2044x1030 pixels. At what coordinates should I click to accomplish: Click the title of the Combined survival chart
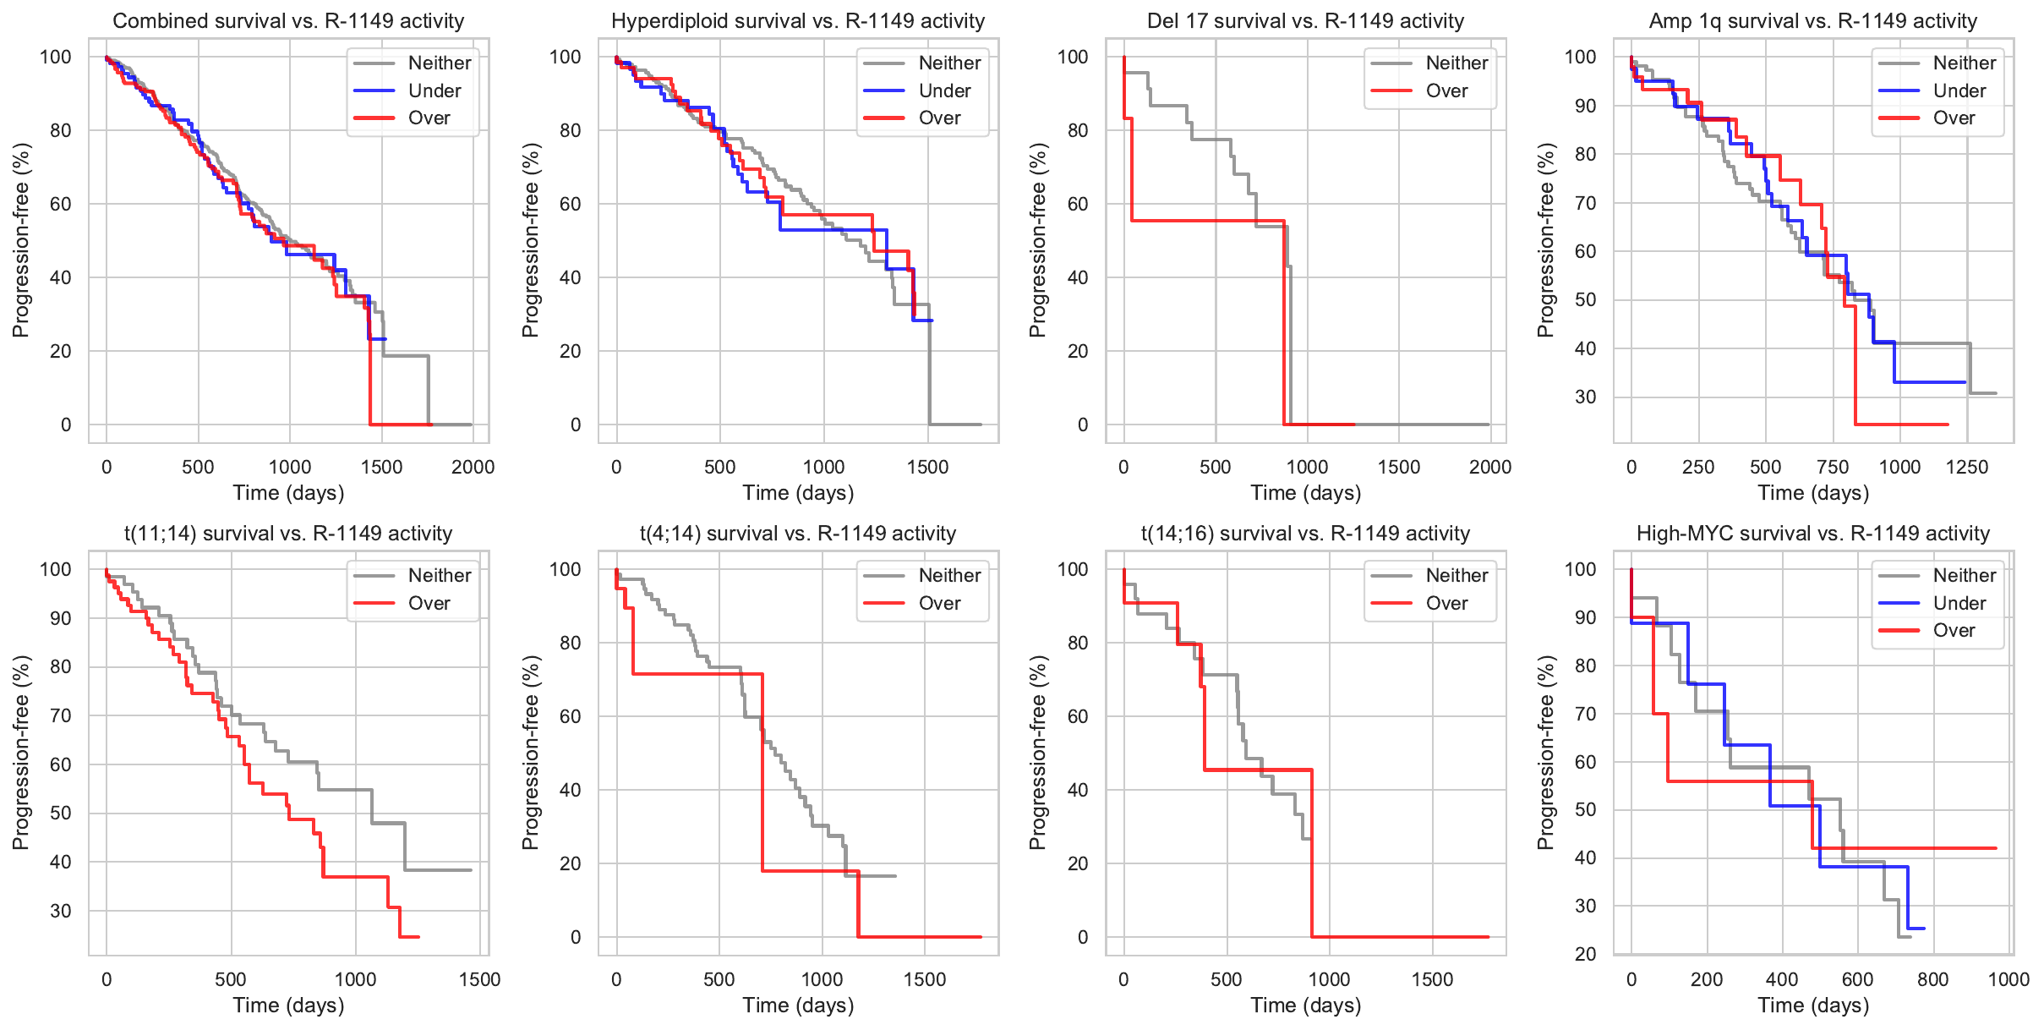(x=288, y=21)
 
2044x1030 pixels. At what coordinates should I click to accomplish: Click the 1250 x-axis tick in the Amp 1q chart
(x=1967, y=467)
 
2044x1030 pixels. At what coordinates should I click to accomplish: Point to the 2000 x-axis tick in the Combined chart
(x=473, y=467)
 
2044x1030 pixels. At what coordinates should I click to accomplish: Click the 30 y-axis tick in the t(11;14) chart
(x=61, y=911)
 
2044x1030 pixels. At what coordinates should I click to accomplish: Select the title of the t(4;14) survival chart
(x=798, y=534)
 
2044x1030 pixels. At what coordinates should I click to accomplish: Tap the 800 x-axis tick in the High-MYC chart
(x=1933, y=979)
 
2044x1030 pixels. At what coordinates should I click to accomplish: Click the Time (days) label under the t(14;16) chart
(x=1305, y=1005)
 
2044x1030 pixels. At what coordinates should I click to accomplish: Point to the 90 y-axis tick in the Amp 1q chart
(x=1580, y=106)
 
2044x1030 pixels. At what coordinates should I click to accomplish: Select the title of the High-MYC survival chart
(x=1812, y=534)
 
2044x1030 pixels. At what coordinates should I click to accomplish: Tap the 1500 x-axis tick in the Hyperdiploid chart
(x=927, y=467)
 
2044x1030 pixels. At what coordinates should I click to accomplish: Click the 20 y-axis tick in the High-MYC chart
(x=1585, y=954)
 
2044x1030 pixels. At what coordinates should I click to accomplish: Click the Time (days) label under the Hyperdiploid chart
(x=798, y=492)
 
